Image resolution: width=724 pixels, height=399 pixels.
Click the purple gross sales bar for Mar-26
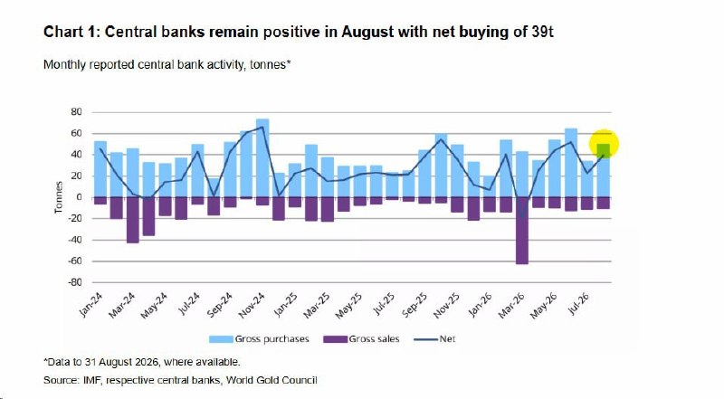pos(522,231)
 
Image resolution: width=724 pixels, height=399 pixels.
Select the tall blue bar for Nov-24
pos(262,158)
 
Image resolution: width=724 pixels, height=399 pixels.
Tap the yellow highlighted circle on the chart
pos(604,144)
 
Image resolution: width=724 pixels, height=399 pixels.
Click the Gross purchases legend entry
pos(259,339)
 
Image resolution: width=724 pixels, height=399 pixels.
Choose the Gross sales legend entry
pos(361,339)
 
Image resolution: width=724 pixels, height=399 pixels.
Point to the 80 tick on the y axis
pos(77,112)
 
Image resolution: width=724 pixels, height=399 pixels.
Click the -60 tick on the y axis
pos(75,261)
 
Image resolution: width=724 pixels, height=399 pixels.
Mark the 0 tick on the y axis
pos(79,197)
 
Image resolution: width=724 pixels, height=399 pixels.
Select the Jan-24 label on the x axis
pos(90,305)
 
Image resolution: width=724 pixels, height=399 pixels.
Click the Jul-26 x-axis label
pos(578,304)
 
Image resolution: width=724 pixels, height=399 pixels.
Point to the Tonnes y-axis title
pos(59,197)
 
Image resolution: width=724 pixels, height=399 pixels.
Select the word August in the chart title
pos(367,32)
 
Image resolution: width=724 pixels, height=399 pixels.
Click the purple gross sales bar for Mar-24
pos(132,220)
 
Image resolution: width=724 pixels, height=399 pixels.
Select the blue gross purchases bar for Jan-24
pos(100,169)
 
